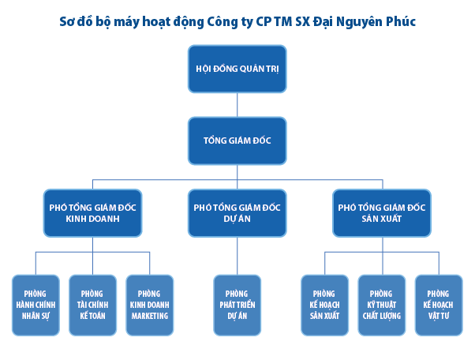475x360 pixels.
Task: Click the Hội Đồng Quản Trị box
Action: click(237, 68)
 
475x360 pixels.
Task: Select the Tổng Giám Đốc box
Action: click(237, 141)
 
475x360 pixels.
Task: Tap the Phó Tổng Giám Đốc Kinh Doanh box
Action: click(93, 213)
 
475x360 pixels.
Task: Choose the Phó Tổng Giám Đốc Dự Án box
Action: click(237, 213)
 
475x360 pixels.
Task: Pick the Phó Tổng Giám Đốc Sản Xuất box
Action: click(381, 213)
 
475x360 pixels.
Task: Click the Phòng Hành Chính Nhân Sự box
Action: click(36, 304)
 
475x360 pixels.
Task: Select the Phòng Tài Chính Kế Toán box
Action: click(92, 304)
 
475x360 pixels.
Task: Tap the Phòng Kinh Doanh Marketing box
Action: click(149, 304)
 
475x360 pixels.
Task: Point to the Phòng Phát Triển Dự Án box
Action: click(237, 304)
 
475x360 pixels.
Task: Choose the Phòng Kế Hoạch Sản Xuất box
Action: click(324, 304)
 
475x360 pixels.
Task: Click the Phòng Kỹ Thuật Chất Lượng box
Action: click(381, 304)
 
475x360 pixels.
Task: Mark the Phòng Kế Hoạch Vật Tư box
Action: click(438, 304)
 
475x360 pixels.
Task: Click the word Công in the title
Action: click(226, 21)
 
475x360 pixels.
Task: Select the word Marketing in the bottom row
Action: click(149, 316)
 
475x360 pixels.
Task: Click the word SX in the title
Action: click(301, 21)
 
